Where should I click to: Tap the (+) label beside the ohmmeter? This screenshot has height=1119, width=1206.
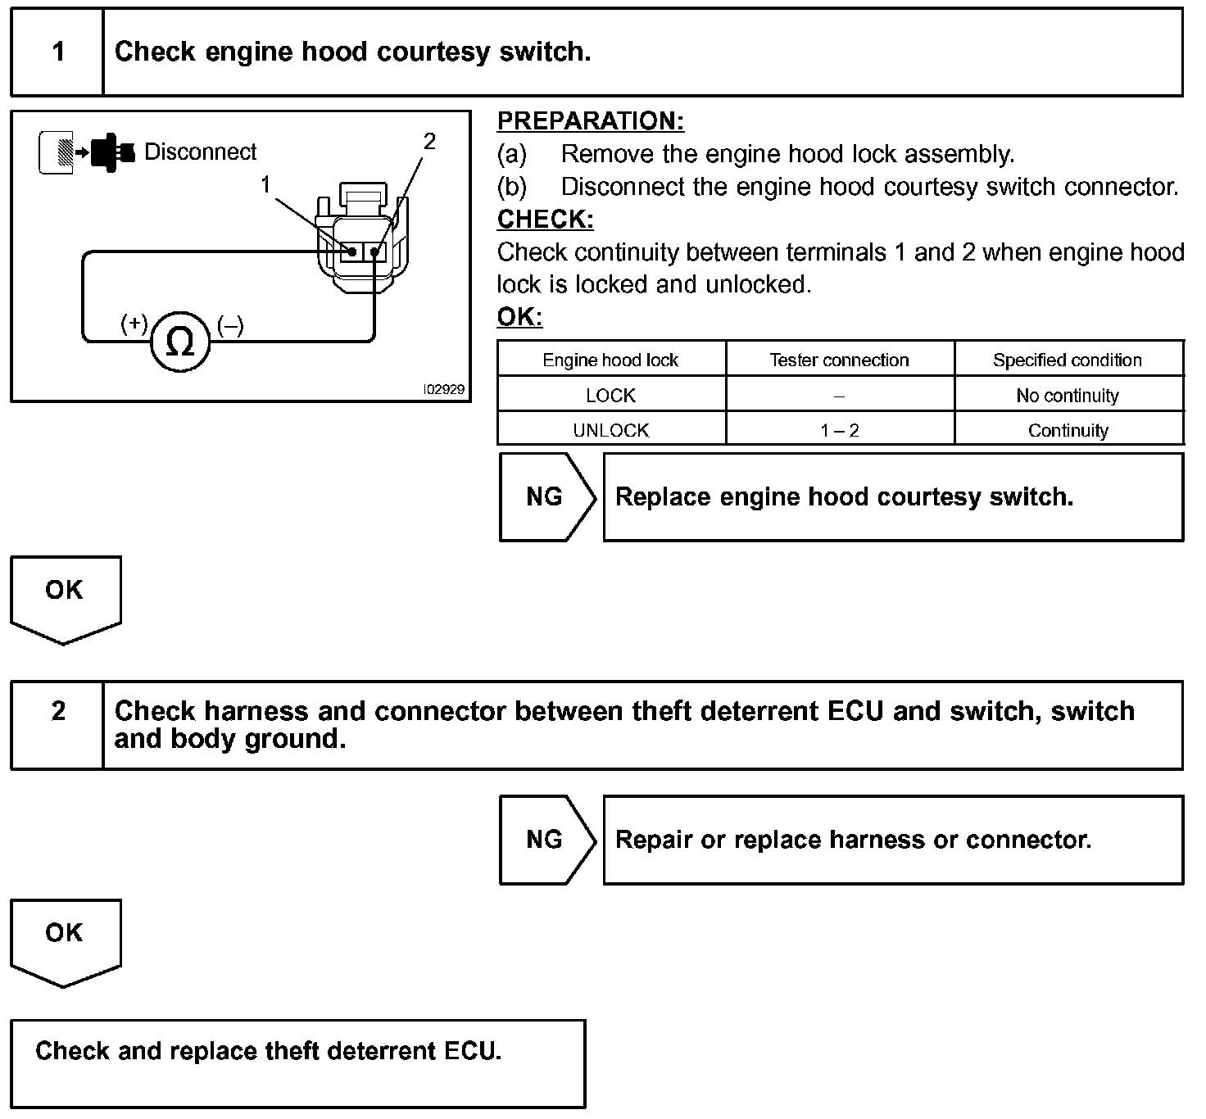point(134,324)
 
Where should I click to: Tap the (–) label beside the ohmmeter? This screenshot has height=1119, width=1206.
point(230,326)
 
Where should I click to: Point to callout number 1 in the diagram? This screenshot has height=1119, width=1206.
point(265,185)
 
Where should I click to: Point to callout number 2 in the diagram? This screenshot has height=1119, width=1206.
point(428,142)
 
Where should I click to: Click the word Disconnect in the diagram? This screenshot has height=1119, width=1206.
point(200,152)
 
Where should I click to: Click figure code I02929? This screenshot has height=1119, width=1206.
point(443,390)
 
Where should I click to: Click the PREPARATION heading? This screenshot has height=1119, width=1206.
point(590,121)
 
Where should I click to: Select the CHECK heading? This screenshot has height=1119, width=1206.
point(545,220)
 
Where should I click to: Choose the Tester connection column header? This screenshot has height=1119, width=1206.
point(839,360)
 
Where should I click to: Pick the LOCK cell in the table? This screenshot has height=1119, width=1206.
point(610,396)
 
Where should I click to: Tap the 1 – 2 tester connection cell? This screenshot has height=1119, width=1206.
point(839,431)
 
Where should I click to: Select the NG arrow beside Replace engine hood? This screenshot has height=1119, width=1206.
point(546,496)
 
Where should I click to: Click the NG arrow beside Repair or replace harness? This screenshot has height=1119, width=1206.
point(546,840)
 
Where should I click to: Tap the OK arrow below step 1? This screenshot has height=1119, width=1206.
point(65,595)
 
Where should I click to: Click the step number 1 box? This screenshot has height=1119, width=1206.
point(57,52)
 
